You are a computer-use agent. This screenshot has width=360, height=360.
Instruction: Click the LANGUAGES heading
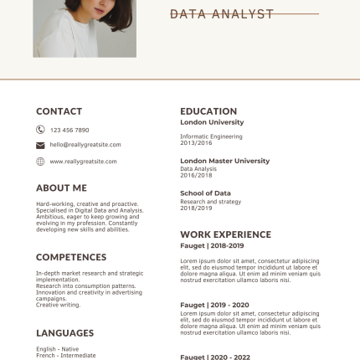point(64,332)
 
